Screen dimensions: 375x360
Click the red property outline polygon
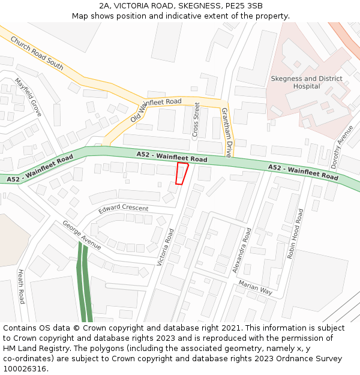[x=182, y=173]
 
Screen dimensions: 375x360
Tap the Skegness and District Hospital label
[x=307, y=82]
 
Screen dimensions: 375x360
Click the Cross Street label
[x=196, y=120]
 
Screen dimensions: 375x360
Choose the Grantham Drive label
[x=226, y=132]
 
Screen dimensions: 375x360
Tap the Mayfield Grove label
[x=28, y=97]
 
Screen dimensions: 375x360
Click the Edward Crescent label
[x=124, y=208]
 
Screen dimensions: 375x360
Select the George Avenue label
[x=82, y=235]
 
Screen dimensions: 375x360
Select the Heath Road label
[x=22, y=286]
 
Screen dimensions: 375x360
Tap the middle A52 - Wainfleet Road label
[x=172, y=157]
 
